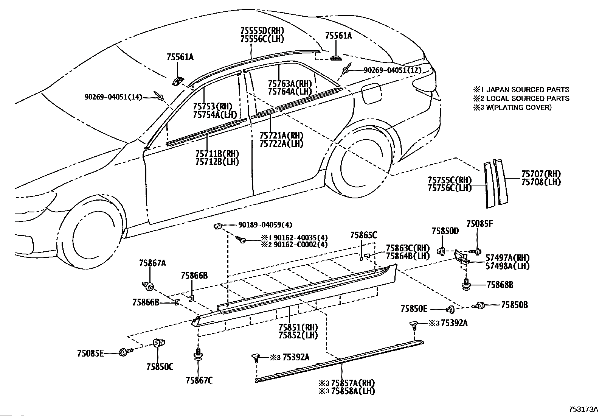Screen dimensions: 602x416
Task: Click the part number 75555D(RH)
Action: (x=262, y=31)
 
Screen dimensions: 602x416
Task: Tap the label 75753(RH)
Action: (x=213, y=107)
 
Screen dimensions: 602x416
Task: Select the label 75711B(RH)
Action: (x=217, y=154)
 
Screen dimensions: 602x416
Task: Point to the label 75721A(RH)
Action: (x=281, y=136)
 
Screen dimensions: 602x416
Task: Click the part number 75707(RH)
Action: (x=541, y=174)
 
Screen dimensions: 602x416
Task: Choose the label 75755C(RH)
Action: (x=450, y=180)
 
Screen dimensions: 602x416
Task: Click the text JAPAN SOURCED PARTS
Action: (x=528, y=89)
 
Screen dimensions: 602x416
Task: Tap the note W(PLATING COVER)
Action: (x=519, y=108)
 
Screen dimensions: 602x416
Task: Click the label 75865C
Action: (x=364, y=235)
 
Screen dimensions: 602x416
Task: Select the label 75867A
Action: (x=152, y=263)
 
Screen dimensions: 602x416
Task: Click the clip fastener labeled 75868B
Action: (x=466, y=284)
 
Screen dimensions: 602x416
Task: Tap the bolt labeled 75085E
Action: (x=126, y=352)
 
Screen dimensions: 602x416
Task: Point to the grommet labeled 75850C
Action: (x=158, y=343)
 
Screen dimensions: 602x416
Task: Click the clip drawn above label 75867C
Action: (x=198, y=355)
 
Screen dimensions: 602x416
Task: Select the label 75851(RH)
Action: (x=298, y=327)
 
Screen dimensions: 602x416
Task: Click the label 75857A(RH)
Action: (x=353, y=383)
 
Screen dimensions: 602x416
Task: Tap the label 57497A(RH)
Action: (x=507, y=258)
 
